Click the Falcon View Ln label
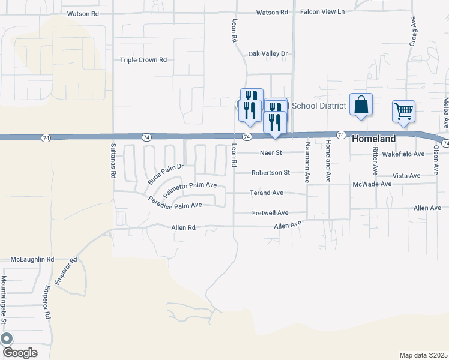(x=323, y=12)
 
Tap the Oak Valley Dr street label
(x=268, y=54)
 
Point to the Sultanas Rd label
(x=113, y=161)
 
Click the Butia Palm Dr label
(x=164, y=173)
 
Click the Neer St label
(x=270, y=153)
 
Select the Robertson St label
(x=270, y=173)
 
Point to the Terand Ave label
(x=267, y=193)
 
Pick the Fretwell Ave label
(x=270, y=213)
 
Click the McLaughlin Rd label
(x=32, y=259)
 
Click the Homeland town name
(x=373, y=139)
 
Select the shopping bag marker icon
(x=361, y=104)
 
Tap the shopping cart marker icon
(x=403, y=111)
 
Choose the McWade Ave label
(x=372, y=184)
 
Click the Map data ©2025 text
(x=423, y=355)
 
